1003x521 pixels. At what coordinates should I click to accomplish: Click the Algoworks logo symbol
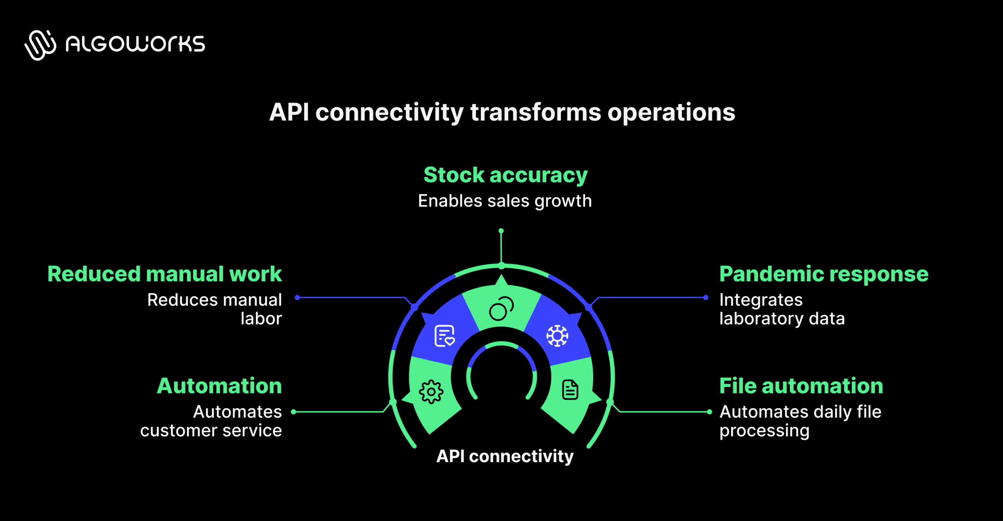40,45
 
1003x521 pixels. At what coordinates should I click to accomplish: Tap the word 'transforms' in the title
535,113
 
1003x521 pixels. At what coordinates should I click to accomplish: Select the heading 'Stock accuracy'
505,175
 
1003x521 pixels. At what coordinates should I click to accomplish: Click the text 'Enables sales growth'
505,201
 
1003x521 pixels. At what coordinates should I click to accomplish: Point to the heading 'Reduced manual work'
165,274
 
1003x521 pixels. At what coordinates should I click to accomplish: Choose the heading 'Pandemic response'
824,274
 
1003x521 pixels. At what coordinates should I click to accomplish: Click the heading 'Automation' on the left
219,386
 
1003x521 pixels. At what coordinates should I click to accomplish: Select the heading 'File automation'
801,386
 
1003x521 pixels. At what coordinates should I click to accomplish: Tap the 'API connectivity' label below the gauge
505,456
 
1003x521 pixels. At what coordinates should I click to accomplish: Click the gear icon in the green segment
431,392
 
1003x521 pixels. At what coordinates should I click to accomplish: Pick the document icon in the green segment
570,390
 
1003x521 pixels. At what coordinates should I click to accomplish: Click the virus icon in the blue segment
557,336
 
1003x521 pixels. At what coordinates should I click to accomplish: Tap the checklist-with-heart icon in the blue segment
445,336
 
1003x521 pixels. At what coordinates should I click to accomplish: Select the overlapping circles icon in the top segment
501,309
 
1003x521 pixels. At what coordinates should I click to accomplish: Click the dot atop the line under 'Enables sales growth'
501,231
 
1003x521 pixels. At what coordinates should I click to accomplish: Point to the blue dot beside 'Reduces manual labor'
297,298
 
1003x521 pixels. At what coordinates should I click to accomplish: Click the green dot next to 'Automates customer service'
293,412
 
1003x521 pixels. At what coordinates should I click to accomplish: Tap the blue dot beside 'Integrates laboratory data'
706,298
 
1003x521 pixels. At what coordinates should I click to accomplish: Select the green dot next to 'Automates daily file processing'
710,412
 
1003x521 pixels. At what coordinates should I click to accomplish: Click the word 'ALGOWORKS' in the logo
135,44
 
